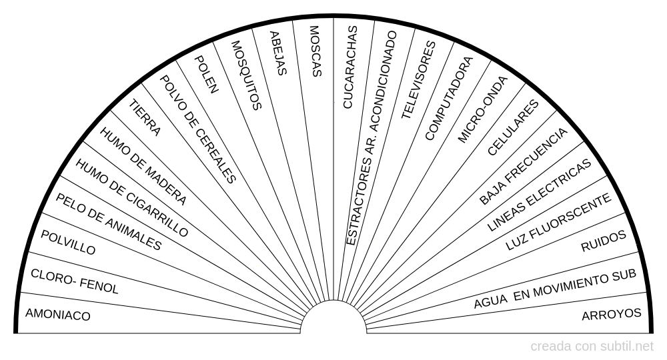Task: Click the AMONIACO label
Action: [x=57, y=315]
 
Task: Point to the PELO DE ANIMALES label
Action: [x=108, y=221]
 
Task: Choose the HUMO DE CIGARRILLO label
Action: [x=131, y=198]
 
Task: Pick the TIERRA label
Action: [x=145, y=118]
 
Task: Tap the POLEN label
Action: [x=205, y=74]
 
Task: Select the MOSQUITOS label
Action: [x=245, y=75]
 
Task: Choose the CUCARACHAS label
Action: [x=349, y=67]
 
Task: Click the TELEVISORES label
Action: [x=418, y=80]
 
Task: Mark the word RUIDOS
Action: [x=604, y=241]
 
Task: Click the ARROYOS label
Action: [x=612, y=314]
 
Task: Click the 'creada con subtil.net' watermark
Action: [x=592, y=347]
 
